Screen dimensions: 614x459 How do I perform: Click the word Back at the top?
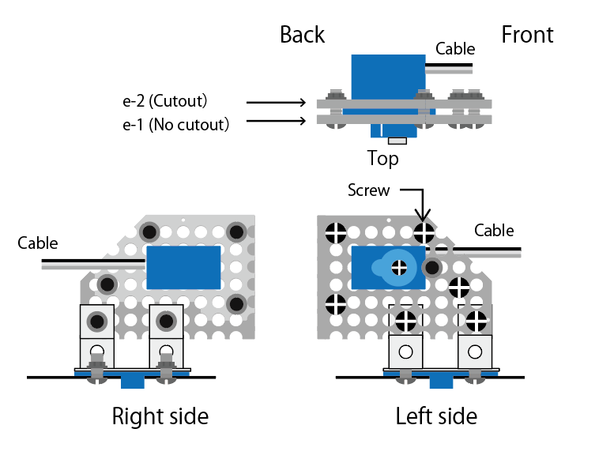pos(303,35)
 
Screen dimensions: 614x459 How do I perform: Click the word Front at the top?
pos(527,35)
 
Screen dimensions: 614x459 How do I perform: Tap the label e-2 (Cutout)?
pos(165,101)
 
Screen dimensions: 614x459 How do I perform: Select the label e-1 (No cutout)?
pos(175,125)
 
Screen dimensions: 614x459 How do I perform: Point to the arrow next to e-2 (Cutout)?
pos(276,103)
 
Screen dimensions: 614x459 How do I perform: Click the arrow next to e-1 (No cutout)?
pos(276,121)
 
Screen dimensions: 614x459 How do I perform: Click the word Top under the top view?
pos(383,159)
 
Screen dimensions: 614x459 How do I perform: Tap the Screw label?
pos(369,190)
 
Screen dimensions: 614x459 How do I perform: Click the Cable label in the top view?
pos(455,49)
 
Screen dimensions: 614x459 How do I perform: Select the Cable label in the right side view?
pos(38,243)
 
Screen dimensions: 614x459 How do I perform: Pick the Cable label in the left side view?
pos(494,231)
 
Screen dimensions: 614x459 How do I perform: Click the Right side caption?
pos(160,416)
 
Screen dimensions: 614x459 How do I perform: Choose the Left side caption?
pos(437,416)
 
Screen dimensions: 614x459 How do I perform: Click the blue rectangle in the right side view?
pos(183,268)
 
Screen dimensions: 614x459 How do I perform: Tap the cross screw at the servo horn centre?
pos(399,269)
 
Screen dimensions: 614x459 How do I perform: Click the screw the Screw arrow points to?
pos(424,233)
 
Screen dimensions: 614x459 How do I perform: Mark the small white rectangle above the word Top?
pos(397,141)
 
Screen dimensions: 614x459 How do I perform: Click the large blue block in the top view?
pos(389,77)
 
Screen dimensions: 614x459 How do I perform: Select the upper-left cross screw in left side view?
pos(336,233)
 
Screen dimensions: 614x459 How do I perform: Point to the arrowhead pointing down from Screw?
pos(423,216)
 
